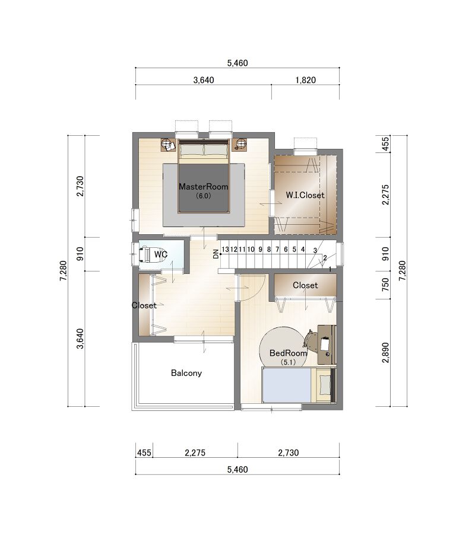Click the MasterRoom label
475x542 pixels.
tap(203, 187)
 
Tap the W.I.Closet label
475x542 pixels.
tap(305, 195)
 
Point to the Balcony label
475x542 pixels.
tap(186, 373)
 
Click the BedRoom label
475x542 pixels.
tap(288, 353)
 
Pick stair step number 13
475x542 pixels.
tap(226, 249)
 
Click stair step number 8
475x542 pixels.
tap(268, 249)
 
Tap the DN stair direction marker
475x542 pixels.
tap(216, 254)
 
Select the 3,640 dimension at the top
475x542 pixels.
tap(204, 80)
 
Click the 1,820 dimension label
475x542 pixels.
tap(305, 80)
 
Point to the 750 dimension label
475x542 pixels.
tap(385, 285)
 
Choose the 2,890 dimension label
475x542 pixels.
tap(385, 353)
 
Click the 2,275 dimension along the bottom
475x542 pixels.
tap(195, 453)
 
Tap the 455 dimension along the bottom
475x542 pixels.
tap(144, 453)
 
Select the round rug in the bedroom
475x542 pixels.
tap(283, 347)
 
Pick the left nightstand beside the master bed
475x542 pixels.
tap(169, 145)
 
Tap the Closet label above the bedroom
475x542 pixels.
tap(305, 285)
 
